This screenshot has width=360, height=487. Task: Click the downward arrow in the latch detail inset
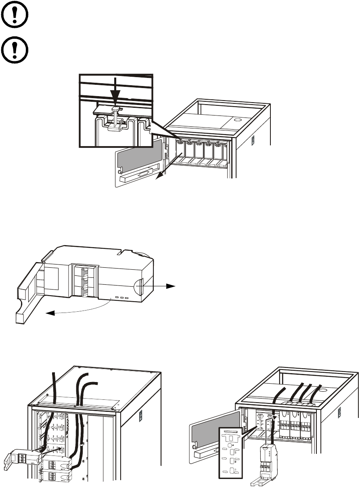pos(115,97)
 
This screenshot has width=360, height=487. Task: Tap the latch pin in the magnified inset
pos(116,117)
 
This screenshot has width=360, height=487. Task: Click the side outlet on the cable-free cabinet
pos(253,140)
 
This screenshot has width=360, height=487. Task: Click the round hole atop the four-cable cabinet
pos(323,390)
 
